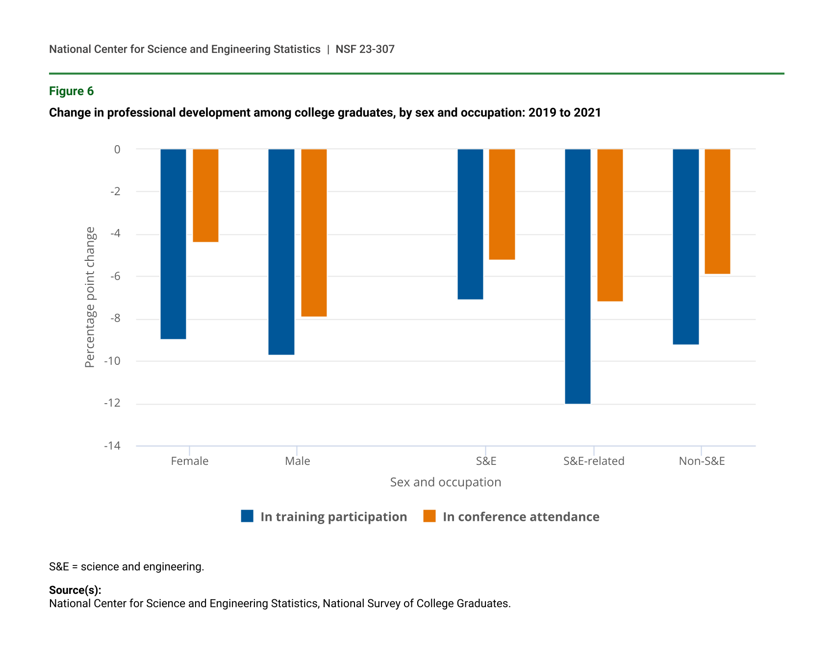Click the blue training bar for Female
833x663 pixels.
[x=173, y=244]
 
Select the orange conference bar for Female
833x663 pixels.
[x=205, y=195]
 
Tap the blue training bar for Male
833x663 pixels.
[x=281, y=252]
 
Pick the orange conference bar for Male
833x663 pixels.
[x=314, y=232]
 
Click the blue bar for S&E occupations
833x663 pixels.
[x=470, y=224]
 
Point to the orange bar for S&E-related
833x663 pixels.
[x=610, y=225]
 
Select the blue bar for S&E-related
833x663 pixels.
[x=578, y=276]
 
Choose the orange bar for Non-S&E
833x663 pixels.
[x=717, y=211]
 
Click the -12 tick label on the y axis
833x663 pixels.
[x=112, y=403]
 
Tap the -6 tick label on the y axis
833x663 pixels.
[x=115, y=276]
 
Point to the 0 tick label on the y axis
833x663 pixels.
[x=117, y=149]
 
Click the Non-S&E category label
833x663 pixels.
[x=702, y=461]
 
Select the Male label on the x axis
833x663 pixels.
[x=297, y=461]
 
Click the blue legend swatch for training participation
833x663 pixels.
[x=247, y=516]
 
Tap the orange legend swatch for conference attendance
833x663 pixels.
[x=429, y=516]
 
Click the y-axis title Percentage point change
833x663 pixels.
[x=90, y=297]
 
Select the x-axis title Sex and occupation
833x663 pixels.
[x=445, y=482]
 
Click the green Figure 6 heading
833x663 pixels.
[x=71, y=91]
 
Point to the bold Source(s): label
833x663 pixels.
[x=75, y=590]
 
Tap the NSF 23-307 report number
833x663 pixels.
[x=365, y=49]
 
